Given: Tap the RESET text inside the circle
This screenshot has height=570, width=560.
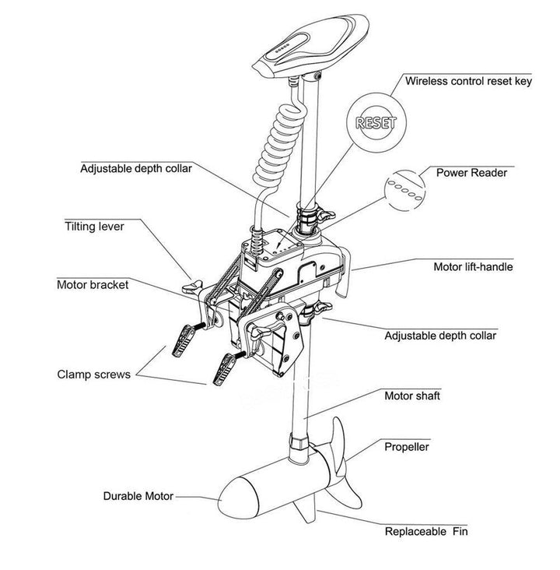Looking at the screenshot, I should pos(376,122).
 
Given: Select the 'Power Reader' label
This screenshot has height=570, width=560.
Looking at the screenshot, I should pos(470,172).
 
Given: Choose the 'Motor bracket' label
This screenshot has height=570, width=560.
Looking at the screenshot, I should pos(93,284).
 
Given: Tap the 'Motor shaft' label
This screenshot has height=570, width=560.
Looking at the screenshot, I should pos(412,396).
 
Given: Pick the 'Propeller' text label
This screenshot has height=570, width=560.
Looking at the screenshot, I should pos(407,447).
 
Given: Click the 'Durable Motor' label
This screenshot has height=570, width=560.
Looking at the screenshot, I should pos(138,496).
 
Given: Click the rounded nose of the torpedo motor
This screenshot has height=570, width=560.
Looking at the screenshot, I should pos(228,495).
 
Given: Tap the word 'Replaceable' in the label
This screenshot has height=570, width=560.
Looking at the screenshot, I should pos(416,533).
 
